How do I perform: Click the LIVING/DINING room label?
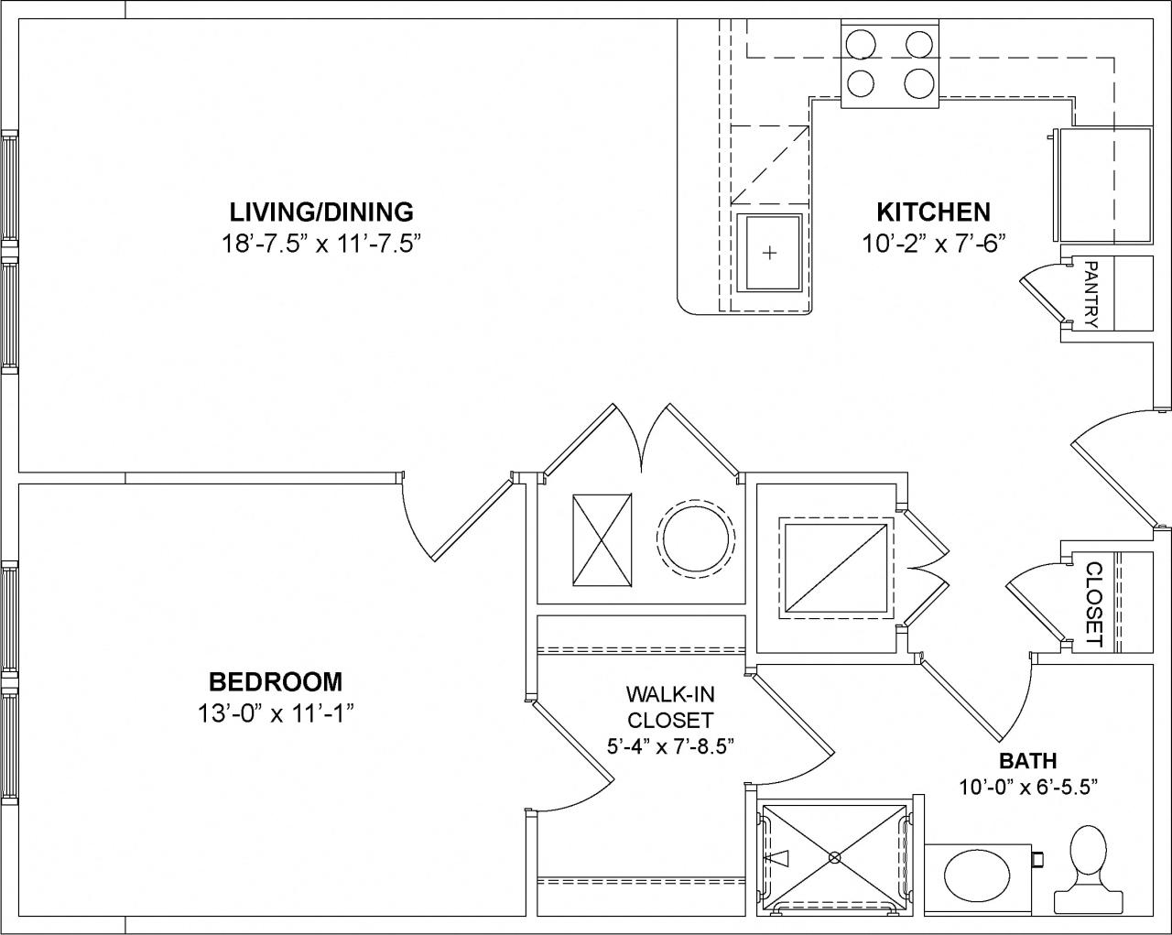coord(321,212)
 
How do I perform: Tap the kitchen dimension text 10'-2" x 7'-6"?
coord(933,243)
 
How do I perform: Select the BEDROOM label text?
coord(275,682)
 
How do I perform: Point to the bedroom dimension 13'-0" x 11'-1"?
coord(275,712)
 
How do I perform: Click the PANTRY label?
coord(1091,293)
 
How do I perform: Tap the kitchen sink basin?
coord(769,253)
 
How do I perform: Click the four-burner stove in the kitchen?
coord(890,64)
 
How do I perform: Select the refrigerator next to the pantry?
coord(1103,186)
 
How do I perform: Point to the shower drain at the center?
coord(834,858)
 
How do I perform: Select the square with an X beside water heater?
coord(602,539)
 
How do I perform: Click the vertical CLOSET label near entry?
coord(1093,603)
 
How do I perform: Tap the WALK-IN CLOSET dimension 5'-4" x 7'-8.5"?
coord(670,745)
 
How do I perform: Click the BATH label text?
coord(1027,761)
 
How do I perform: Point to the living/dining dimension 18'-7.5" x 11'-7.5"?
coord(321,243)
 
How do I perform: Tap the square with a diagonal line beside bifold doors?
coord(835,566)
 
